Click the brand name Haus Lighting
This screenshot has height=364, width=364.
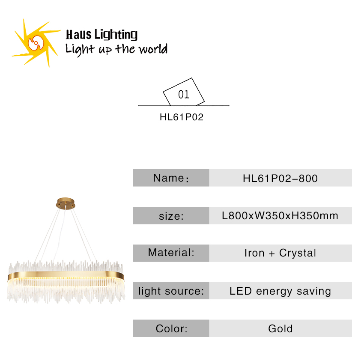click(x=101, y=35)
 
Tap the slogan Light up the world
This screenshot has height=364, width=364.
click(x=116, y=49)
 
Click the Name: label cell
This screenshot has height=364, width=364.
click(x=171, y=178)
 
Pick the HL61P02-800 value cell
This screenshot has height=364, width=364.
click(x=280, y=178)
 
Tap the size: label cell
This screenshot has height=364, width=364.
click(x=171, y=215)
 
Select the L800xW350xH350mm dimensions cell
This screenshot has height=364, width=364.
click(x=280, y=215)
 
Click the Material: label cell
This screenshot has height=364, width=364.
click(x=171, y=253)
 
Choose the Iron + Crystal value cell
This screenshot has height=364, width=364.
click(x=280, y=253)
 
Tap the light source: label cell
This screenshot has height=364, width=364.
click(x=171, y=291)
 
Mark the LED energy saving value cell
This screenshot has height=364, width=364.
click(x=280, y=291)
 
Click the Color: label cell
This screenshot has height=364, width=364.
click(x=171, y=328)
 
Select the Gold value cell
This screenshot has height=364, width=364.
click(x=280, y=328)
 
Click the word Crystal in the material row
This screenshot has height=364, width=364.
click(x=298, y=253)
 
